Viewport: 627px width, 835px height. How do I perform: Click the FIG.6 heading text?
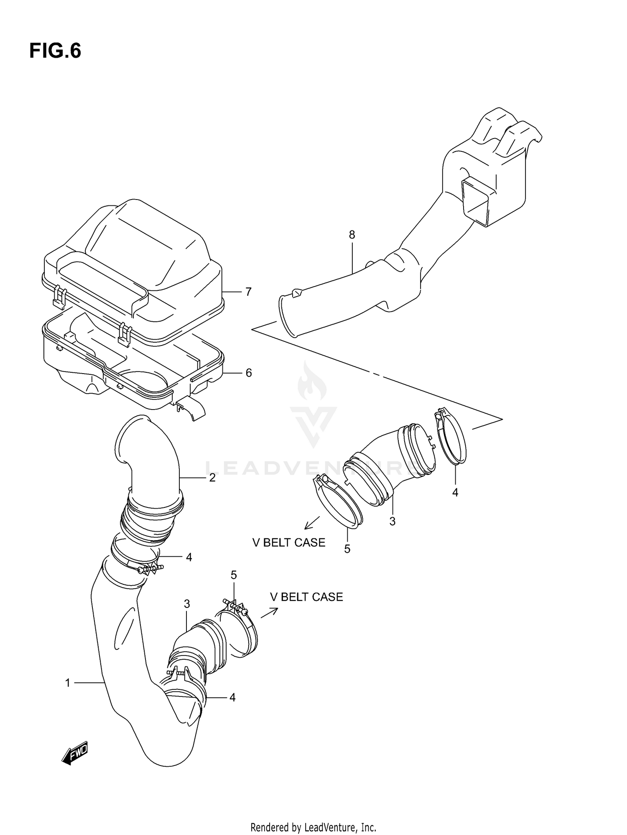[55, 51]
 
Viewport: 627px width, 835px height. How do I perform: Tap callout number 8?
[352, 235]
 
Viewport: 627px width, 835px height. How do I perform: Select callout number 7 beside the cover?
[248, 292]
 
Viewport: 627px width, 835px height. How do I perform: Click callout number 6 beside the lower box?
[248, 373]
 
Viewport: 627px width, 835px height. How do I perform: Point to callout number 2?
[212, 478]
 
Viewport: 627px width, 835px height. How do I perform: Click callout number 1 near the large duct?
[68, 683]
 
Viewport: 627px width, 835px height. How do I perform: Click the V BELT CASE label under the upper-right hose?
[288, 543]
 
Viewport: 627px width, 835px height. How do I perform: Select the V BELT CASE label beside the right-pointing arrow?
[306, 597]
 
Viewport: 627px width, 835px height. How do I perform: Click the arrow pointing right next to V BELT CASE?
[269, 613]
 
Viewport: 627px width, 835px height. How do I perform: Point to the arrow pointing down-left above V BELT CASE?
[312, 523]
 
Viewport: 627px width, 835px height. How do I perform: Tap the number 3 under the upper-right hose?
[392, 522]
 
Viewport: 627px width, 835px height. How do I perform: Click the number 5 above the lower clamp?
[234, 575]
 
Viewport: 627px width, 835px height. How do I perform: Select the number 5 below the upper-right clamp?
[347, 549]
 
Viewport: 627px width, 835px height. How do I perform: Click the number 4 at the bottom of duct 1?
[232, 697]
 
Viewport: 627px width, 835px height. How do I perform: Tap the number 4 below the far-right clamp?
[455, 493]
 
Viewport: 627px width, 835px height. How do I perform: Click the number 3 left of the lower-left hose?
[187, 604]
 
